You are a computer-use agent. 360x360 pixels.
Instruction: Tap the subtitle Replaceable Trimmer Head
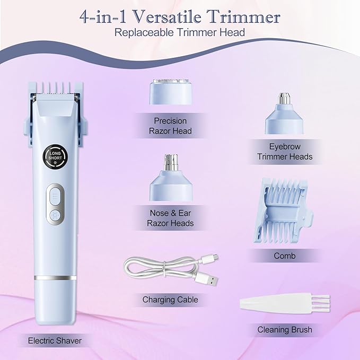180,33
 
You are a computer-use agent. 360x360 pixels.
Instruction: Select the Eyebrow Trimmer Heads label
285,151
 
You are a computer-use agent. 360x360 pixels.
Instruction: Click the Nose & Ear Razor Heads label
170,218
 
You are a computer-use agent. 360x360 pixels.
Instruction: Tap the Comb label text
285,256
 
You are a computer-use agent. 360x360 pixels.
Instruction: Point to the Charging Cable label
170,300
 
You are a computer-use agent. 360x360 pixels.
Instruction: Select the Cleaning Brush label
285,330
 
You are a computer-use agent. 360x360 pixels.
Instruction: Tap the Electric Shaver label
55,340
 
